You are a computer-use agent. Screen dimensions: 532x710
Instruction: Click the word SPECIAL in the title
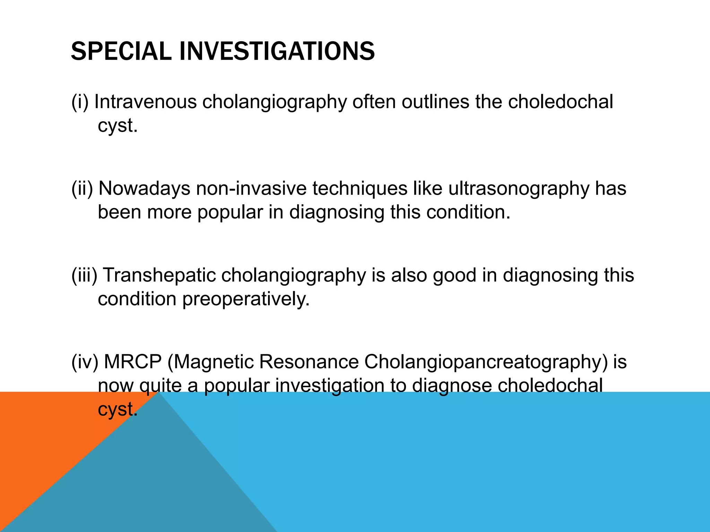point(121,51)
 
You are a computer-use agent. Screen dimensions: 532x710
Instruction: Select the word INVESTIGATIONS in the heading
point(277,51)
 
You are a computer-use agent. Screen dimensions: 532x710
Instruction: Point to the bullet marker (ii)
point(82,189)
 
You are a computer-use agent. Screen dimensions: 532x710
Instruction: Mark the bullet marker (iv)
point(85,362)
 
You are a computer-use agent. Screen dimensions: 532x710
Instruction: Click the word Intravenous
point(146,102)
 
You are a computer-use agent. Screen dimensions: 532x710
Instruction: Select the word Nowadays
point(144,189)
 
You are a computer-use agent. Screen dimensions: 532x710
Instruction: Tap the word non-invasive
point(251,189)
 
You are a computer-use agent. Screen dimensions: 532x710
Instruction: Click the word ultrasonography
point(519,189)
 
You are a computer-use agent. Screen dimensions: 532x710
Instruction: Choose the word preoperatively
point(246,300)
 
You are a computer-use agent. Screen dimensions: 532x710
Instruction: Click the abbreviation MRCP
point(133,362)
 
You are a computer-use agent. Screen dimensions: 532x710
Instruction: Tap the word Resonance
point(309,362)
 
